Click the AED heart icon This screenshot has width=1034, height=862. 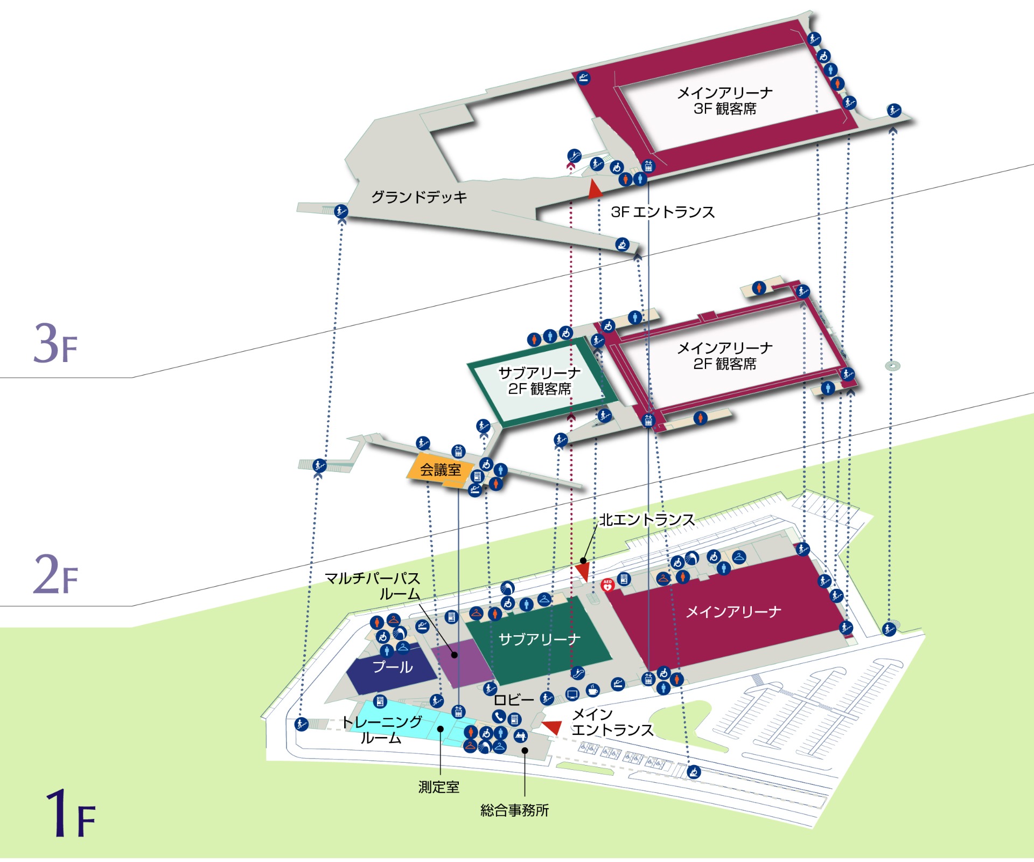pos(607,585)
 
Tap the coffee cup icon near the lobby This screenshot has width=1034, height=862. pos(592,690)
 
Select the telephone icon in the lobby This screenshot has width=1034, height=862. pos(499,717)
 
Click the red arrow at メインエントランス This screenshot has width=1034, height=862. pos(553,727)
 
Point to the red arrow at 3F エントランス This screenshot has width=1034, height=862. pos(595,190)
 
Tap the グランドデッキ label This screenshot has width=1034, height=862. pos(419,197)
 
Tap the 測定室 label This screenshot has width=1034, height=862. pos(439,787)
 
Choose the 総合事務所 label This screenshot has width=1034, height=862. pos(514,810)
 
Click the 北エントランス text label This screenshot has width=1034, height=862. pos(647,520)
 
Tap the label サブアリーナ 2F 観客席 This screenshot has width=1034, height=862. pos(539,380)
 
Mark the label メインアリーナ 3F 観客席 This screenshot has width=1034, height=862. pos(724,101)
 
